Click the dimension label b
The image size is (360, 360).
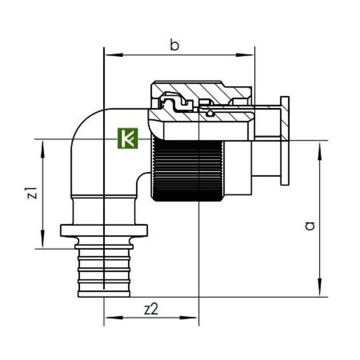174,45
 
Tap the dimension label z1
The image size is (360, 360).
32,193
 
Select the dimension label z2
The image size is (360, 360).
151,309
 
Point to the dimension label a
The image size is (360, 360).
310,226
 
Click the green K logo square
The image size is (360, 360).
128,138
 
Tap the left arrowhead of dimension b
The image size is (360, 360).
114,55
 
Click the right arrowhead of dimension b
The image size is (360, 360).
245,55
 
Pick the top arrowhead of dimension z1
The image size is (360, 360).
43,150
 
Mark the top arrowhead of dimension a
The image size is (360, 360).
319,151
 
